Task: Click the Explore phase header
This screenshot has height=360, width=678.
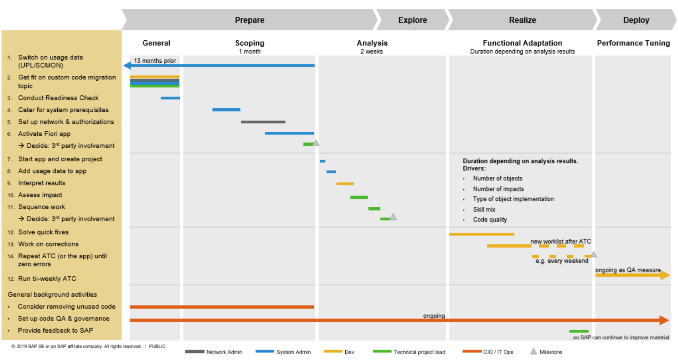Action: (x=412, y=20)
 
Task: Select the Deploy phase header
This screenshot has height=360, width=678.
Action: (x=636, y=20)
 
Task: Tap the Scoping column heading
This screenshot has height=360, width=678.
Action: (x=250, y=43)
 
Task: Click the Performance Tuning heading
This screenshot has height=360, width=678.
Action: (x=633, y=43)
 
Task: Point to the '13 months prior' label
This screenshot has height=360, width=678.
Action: (x=155, y=61)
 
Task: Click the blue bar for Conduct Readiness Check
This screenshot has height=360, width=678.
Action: (x=170, y=98)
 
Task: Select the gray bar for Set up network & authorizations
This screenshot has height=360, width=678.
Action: (x=263, y=122)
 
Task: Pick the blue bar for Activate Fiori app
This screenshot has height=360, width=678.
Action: (x=289, y=133)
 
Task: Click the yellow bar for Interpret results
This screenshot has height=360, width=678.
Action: (x=345, y=184)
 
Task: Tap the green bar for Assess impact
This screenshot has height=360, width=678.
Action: (x=359, y=197)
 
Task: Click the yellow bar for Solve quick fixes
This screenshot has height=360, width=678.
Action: (x=481, y=234)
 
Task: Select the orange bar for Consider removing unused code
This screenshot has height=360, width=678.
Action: (x=222, y=307)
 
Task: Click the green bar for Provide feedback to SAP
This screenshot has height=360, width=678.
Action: (x=579, y=331)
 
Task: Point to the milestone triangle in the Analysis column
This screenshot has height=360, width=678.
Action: (x=393, y=217)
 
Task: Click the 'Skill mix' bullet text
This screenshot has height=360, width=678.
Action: (x=484, y=209)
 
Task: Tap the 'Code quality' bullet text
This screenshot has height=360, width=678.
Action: (x=490, y=219)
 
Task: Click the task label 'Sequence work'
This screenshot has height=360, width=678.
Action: (x=41, y=207)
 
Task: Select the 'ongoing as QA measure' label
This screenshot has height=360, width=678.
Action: (x=628, y=270)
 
